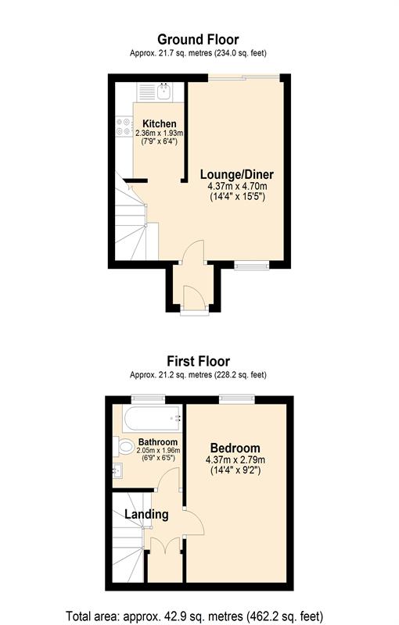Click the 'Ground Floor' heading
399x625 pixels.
coord(198,39)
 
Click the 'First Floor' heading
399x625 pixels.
coord(198,361)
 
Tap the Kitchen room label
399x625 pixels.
coord(159,123)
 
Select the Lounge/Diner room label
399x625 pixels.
coord(236,174)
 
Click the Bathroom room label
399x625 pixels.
coord(147,441)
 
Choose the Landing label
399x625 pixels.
coord(146,514)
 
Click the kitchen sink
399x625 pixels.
coord(164,93)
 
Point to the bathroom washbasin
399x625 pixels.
coord(117,471)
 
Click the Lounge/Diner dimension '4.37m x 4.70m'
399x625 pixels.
coord(236,187)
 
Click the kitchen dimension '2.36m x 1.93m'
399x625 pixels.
coord(159,133)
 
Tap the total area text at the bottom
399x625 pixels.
coord(199,615)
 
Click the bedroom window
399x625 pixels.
coord(236,399)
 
